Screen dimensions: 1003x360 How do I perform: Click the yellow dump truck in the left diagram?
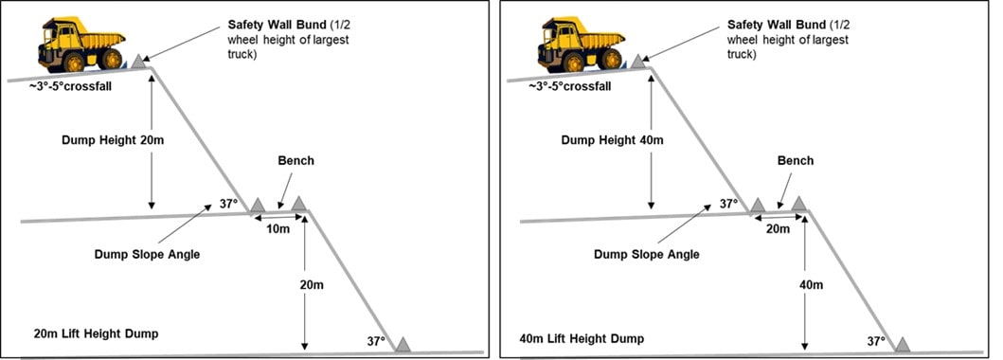point(81,45)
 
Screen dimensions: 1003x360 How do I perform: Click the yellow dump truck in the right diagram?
point(581,45)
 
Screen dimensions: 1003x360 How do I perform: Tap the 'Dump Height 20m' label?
point(114,140)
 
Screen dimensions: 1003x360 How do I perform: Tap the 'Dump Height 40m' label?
point(613,140)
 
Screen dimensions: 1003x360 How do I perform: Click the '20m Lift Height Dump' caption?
point(96,333)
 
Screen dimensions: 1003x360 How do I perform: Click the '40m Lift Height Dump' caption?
point(582,338)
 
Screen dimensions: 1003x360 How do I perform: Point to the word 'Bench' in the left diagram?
point(296,160)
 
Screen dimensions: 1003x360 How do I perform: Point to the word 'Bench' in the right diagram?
point(796,160)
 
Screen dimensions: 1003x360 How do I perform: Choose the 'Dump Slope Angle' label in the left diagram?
point(147,255)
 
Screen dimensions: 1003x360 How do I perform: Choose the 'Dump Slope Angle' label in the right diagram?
point(647,255)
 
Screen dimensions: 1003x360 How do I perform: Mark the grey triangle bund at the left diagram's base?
point(403,344)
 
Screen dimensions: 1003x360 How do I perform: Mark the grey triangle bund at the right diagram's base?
point(902,344)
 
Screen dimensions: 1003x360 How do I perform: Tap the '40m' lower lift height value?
point(811,284)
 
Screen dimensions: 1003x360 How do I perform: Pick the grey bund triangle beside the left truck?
point(137,62)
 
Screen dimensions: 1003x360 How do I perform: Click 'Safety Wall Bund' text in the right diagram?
point(778,25)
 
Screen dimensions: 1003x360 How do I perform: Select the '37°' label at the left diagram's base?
point(375,341)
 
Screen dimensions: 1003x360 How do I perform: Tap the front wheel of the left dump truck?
point(74,63)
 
